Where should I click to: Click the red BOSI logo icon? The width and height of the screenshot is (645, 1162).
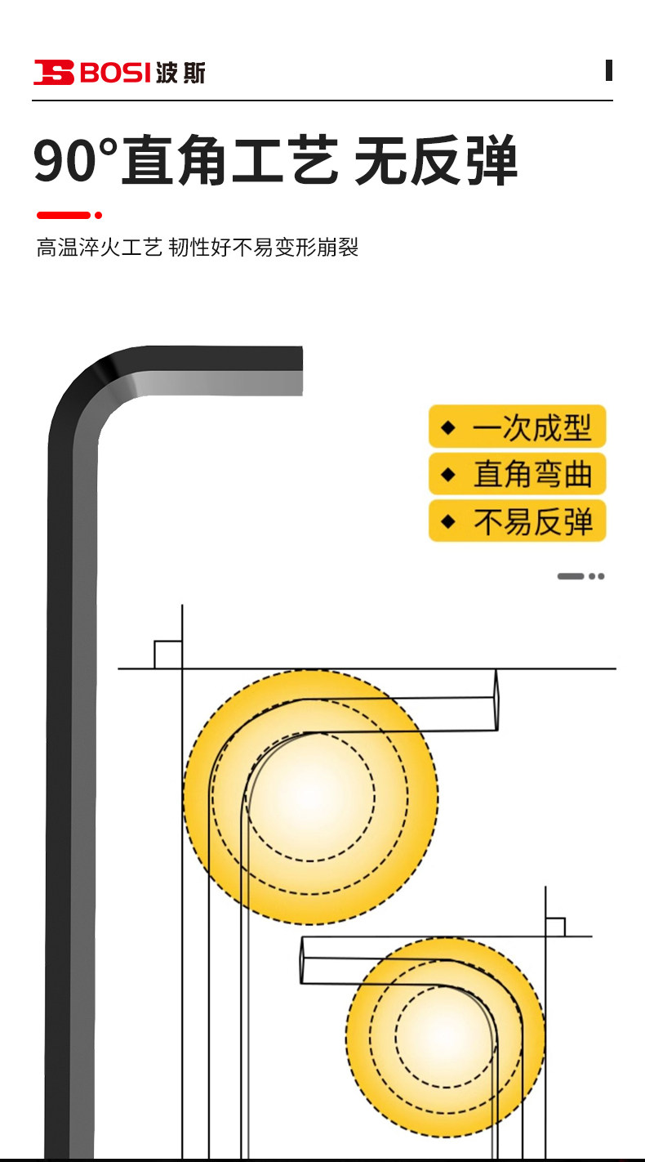pyautogui.click(x=53, y=72)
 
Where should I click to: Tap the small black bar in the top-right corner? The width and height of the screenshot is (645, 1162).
pyautogui.click(x=609, y=70)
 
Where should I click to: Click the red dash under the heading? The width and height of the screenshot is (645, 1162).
pyautogui.click(x=64, y=215)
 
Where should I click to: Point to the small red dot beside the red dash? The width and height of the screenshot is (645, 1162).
pyautogui.click(x=99, y=215)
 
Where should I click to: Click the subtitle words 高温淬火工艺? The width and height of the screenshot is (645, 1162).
pyautogui.click(x=99, y=248)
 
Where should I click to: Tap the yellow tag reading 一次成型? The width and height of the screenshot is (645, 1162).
pyautogui.click(x=517, y=427)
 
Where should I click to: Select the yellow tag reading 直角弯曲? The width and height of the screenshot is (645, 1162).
pyautogui.click(x=517, y=474)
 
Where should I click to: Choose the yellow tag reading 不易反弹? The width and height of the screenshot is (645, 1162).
pyautogui.click(x=517, y=521)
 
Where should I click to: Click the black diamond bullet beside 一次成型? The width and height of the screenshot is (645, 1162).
pyautogui.click(x=447, y=427)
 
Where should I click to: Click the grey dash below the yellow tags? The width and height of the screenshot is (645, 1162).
pyautogui.click(x=570, y=576)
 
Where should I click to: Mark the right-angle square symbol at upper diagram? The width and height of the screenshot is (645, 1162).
pyautogui.click(x=167, y=655)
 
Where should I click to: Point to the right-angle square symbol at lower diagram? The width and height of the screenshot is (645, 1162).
pyautogui.click(x=555, y=927)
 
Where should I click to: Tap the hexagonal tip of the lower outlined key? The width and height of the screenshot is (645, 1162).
pyautogui.click(x=303, y=960)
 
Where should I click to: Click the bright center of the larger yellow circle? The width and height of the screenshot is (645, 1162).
pyautogui.click(x=309, y=796)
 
